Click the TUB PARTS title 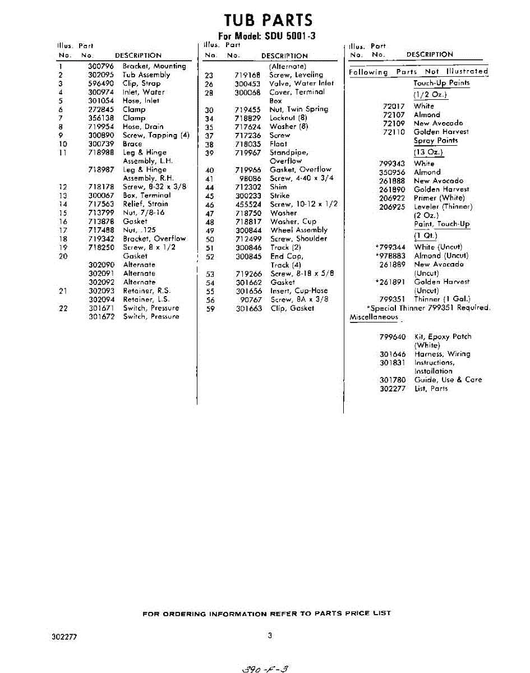click(268, 20)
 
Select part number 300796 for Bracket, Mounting click(102, 66)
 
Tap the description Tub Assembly click(146, 75)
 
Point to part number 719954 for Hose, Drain click(102, 127)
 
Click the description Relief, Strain click(145, 204)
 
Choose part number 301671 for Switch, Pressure click(102, 308)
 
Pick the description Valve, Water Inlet click(301, 83)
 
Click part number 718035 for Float click(248, 144)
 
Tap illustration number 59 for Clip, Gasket click(210, 308)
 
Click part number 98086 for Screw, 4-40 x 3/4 click(250, 178)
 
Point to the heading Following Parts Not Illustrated click(418, 72)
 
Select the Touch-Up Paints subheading click(441, 83)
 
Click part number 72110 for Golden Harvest click(394, 132)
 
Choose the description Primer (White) click(439, 198)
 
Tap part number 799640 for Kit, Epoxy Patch click(393, 337)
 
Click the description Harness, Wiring click(442, 354)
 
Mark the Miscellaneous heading click(374, 317)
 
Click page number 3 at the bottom click(270, 635)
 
